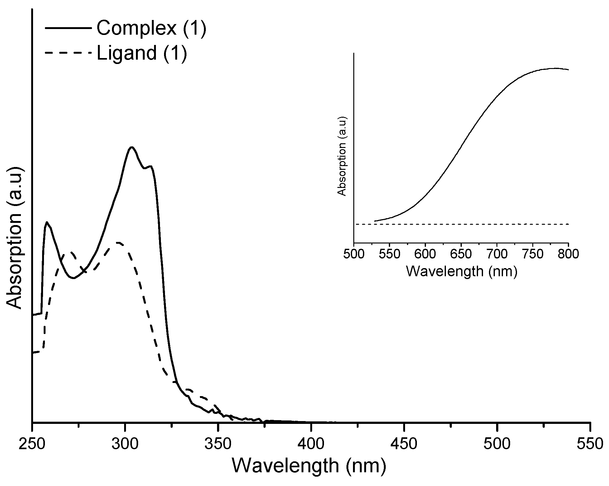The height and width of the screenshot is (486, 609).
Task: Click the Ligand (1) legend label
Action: pyautogui.click(x=142, y=53)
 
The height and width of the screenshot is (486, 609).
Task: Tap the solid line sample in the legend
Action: pyautogui.click(x=69, y=28)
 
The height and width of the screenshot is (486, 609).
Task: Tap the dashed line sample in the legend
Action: pyautogui.click(x=69, y=53)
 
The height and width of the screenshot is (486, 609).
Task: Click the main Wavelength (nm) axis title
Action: pyautogui.click(x=309, y=466)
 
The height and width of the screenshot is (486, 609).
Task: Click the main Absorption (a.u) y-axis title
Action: pyautogui.click(x=15, y=239)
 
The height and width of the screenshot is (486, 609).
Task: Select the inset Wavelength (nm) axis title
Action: pyautogui.click(x=462, y=271)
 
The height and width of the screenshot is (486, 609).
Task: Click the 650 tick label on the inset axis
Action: pyautogui.click(x=461, y=254)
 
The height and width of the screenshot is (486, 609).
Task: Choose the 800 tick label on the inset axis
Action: pyautogui.click(x=568, y=254)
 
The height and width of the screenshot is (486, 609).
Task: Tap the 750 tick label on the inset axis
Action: pyautogui.click(x=533, y=254)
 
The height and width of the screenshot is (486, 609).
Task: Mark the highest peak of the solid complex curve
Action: pyautogui.click(x=132, y=147)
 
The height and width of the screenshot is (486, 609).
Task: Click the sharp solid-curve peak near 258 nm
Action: pyautogui.click(x=47, y=222)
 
